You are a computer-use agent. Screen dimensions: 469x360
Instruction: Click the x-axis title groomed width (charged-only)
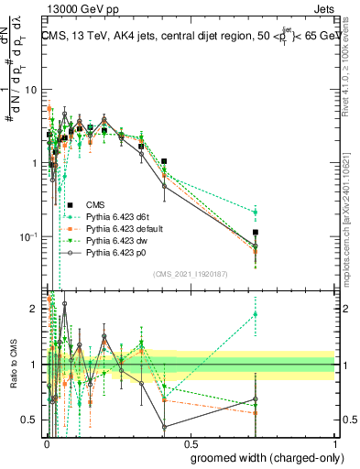[261, 457]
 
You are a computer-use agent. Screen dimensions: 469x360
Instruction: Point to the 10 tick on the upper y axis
[32, 90]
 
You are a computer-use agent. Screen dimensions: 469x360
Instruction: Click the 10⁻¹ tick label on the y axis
[30, 237]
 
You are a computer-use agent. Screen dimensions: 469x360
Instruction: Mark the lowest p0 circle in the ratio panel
[164, 427]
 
